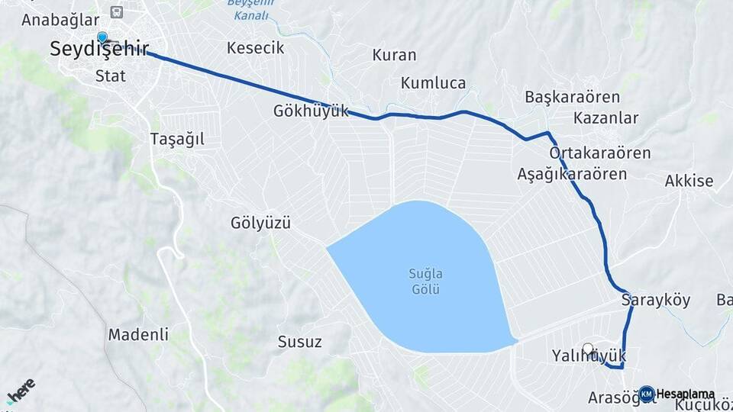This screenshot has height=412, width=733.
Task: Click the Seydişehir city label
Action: point(99,50)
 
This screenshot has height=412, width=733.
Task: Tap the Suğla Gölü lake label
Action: point(426,282)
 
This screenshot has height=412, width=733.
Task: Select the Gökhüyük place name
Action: point(311,111)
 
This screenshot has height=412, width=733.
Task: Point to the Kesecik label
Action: point(255,48)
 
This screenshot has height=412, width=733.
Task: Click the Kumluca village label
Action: point(433,82)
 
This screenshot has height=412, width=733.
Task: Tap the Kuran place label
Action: point(394,55)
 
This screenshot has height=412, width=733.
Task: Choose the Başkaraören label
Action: point(572,97)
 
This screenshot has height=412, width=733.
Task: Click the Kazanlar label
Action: point(605,118)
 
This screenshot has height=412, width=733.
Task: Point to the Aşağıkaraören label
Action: point(572,174)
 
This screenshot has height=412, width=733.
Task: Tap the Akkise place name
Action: point(689,181)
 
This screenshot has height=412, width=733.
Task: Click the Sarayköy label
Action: point(656,300)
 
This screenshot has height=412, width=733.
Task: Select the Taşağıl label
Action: point(177,139)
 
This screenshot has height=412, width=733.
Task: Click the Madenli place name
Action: point(138,334)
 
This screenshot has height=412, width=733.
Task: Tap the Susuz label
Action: point(299,341)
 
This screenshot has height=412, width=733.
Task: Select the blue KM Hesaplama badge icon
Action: point(647,394)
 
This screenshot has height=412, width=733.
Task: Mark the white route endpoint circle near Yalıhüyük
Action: point(588,349)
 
